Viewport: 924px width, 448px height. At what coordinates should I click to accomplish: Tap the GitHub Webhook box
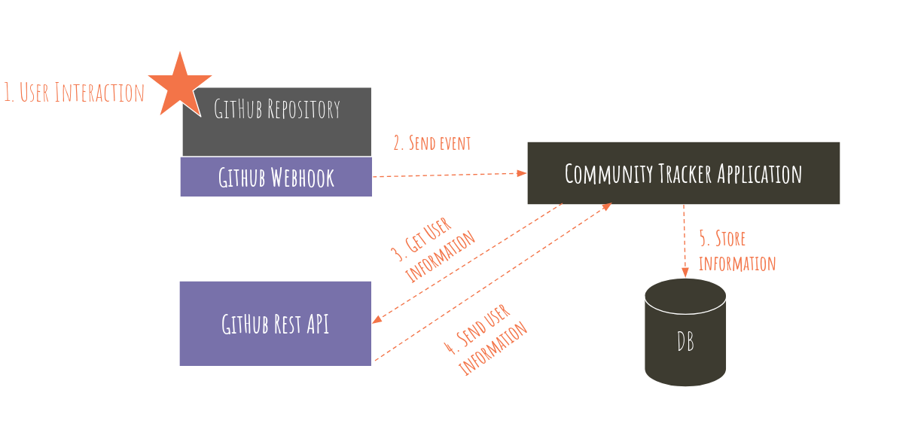pyautogui.click(x=276, y=177)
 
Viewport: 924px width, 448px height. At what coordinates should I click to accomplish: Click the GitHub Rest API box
pyautogui.click(x=276, y=324)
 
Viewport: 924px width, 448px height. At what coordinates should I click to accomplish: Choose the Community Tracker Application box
pyautogui.click(x=683, y=173)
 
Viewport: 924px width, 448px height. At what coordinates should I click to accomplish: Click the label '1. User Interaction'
pyautogui.click(x=74, y=93)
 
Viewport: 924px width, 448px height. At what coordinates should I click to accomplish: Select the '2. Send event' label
pyautogui.click(x=432, y=143)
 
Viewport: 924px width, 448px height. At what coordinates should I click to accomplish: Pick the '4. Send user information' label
pyautogui.click(x=486, y=340)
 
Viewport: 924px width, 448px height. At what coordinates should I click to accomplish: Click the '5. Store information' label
pyautogui.click(x=736, y=251)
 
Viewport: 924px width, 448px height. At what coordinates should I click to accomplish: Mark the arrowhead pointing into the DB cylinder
pyautogui.click(x=685, y=273)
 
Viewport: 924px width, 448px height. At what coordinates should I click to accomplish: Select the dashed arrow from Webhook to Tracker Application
pyautogui.click(x=449, y=175)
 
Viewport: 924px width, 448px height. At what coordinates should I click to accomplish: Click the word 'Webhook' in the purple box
pyautogui.click(x=300, y=178)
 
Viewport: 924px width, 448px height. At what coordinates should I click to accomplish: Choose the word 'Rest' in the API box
pyautogui.click(x=289, y=324)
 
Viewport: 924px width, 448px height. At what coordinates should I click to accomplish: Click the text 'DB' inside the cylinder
pyautogui.click(x=685, y=343)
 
